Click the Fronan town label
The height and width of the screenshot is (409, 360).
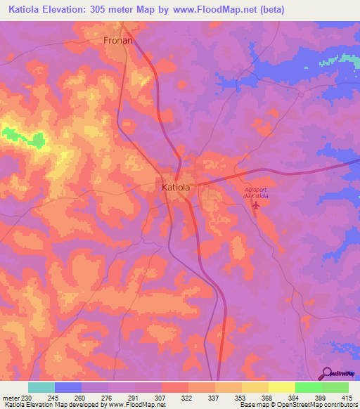118,41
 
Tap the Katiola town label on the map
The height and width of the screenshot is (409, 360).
174,188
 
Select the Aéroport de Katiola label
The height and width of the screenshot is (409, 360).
256,193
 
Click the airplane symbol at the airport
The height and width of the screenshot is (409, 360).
256,207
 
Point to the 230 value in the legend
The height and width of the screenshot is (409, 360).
27,397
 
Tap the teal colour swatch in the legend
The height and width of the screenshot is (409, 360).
41,387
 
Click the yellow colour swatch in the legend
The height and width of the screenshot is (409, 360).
282,387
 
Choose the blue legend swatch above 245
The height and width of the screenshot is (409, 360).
68,387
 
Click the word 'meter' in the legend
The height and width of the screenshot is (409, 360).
10,397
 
